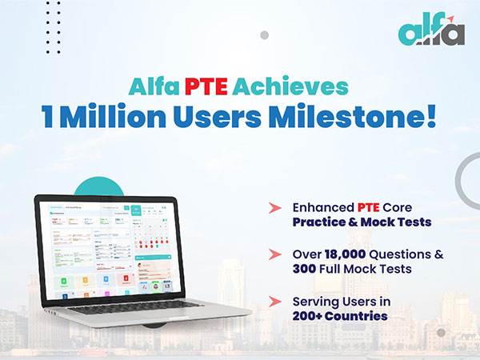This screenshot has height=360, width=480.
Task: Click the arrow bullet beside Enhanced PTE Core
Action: click(274, 207)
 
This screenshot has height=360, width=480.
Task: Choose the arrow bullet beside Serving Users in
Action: click(274, 302)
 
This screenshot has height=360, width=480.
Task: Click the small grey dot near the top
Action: click(264, 35)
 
